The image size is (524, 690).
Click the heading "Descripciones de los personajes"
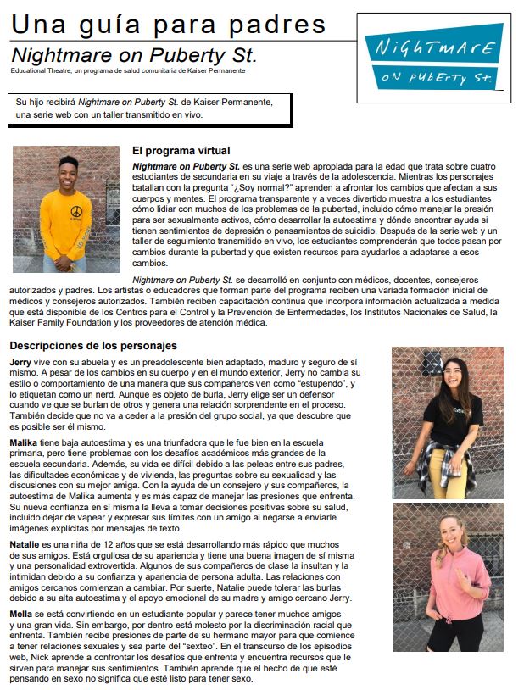[93, 345]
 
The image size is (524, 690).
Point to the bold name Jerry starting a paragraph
[21, 362]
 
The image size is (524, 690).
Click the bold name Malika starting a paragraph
[26, 443]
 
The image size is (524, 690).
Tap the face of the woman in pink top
[450, 528]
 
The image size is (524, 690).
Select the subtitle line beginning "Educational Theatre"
[127, 70]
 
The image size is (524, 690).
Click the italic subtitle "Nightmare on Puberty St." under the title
[134, 55]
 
